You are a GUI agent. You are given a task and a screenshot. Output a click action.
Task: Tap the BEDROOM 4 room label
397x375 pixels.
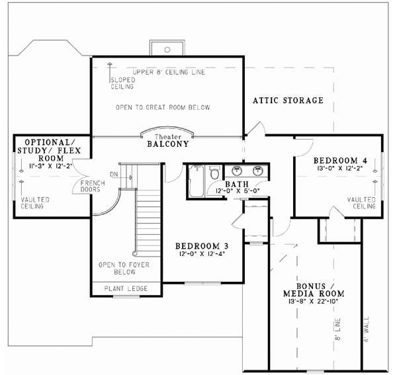(x=339, y=161)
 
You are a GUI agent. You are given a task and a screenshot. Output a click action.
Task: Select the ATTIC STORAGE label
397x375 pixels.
(x=288, y=101)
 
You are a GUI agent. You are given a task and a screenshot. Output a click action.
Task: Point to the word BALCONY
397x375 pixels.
(x=167, y=144)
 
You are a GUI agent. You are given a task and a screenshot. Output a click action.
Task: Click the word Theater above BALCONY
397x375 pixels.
(x=168, y=135)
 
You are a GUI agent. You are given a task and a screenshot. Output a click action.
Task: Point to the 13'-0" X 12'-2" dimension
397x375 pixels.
(x=339, y=169)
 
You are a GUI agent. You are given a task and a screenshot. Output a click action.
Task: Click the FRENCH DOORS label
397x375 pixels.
(x=91, y=186)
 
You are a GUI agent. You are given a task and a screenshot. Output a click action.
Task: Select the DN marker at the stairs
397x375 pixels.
(x=113, y=175)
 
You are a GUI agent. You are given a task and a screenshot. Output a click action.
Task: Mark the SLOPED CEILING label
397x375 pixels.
(x=122, y=83)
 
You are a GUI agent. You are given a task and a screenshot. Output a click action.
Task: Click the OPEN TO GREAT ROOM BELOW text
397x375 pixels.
(x=162, y=107)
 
